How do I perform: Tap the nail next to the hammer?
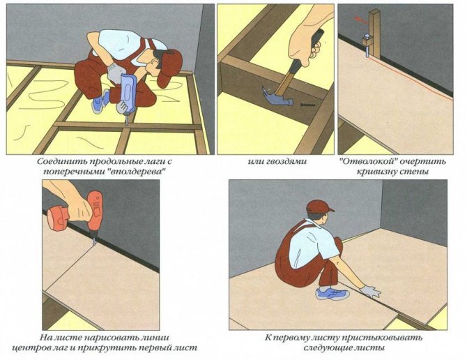(305, 105)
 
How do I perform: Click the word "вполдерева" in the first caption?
(136, 174)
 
